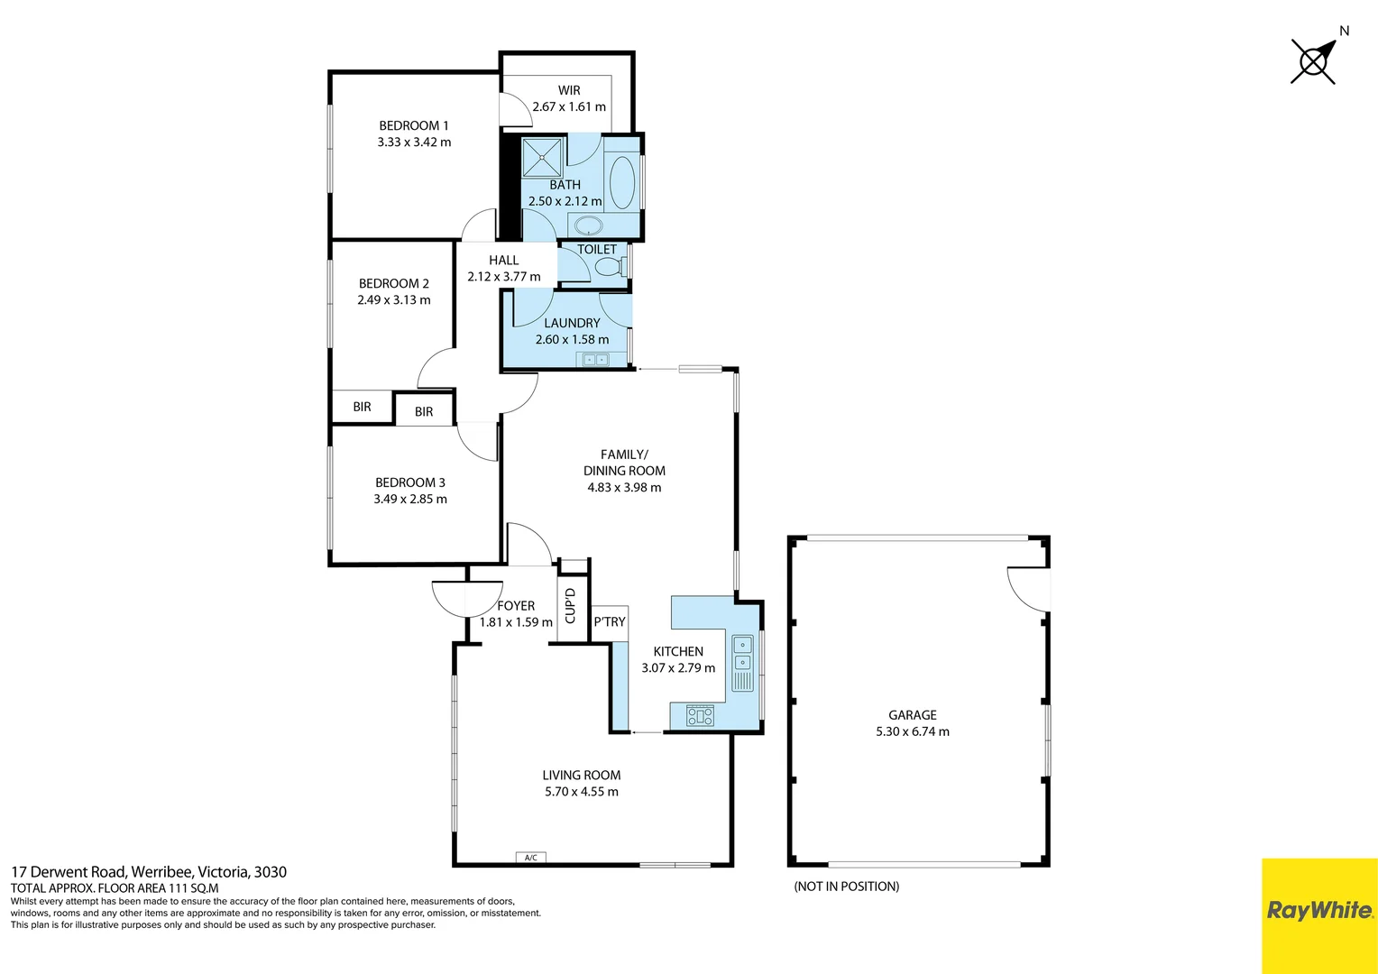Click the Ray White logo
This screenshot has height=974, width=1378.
pos(1319,911)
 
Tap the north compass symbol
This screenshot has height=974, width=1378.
pos(1314,61)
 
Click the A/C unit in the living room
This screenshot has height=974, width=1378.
pos(530,858)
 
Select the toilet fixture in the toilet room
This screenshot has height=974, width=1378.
pos(609,267)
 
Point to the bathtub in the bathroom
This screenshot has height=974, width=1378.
pos(622,182)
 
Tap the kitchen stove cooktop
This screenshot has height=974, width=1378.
pos(700,716)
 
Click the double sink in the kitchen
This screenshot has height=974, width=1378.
pos(741,653)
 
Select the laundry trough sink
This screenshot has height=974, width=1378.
pos(594,360)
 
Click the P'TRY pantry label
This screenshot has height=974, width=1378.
pos(610,621)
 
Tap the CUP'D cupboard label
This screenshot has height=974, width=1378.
pos(570,605)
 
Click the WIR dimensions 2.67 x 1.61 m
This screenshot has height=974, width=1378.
pos(569,106)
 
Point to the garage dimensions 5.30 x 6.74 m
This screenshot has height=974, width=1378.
pos(912,731)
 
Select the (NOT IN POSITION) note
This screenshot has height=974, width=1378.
pos(846,887)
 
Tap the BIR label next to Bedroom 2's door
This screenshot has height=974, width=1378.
pos(424,411)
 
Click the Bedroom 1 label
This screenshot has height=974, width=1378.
pos(413,125)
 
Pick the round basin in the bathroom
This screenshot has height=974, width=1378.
pos(589,225)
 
